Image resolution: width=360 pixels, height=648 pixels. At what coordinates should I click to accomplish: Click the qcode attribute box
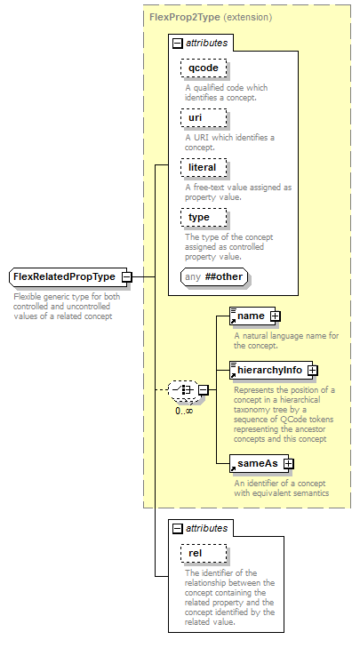tap(204, 68)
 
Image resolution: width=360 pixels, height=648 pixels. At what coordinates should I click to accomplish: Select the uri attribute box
tap(204, 118)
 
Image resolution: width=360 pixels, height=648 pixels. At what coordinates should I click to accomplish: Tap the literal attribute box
tap(204, 168)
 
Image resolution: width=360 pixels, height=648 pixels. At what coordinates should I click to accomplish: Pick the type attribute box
tap(204, 218)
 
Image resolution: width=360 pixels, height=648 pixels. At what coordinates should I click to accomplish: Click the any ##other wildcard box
tap(214, 276)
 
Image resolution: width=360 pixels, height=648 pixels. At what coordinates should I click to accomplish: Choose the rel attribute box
tap(204, 554)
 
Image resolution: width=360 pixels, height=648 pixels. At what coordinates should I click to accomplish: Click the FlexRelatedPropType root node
tap(68, 276)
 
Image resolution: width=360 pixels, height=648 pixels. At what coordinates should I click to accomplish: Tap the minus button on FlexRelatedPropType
tap(127, 276)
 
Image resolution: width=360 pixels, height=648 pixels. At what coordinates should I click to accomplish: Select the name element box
tap(252, 316)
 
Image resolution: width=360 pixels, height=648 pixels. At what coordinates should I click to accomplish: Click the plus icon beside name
tap(275, 316)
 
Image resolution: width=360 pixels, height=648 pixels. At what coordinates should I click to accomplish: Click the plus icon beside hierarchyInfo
tap(313, 371)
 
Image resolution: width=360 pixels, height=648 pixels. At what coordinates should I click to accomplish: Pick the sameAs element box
tap(260, 464)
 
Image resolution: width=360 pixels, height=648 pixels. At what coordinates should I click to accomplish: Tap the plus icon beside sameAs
tap(289, 464)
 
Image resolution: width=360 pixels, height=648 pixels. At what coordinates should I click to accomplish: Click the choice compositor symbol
tap(183, 389)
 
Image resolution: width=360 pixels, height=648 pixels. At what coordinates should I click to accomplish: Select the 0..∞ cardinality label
tap(184, 411)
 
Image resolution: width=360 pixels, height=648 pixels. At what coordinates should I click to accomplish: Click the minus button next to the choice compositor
tap(204, 389)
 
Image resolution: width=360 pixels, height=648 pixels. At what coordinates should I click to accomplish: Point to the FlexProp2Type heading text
tap(184, 18)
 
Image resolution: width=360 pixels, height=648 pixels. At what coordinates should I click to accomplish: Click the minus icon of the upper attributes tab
tap(177, 43)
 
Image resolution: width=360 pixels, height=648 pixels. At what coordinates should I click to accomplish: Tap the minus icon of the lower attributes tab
tap(177, 529)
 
